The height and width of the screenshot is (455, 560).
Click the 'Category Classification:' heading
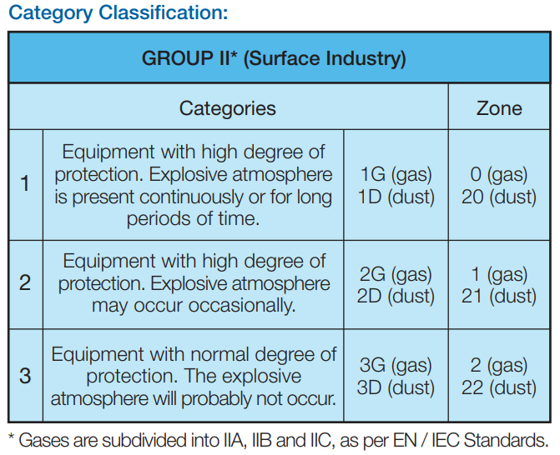click(119, 13)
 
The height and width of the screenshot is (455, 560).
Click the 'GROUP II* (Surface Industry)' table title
click(274, 58)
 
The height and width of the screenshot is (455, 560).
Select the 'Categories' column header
click(228, 108)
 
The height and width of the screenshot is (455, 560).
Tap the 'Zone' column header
click(499, 108)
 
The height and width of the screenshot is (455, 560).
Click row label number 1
click(25, 183)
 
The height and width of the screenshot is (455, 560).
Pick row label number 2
click(25, 282)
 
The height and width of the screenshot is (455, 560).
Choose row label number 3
click(25, 376)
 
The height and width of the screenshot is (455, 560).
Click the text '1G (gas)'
click(396, 175)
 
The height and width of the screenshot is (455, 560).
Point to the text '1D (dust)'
click(396, 197)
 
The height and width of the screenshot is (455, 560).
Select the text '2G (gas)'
click(396, 274)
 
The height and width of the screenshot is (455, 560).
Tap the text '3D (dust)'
click(396, 387)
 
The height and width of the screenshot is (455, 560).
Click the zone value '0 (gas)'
click(499, 175)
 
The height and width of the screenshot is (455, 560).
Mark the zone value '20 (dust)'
click(499, 197)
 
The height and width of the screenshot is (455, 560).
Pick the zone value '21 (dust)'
click(499, 297)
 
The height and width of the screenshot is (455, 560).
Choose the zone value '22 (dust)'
click(499, 387)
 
